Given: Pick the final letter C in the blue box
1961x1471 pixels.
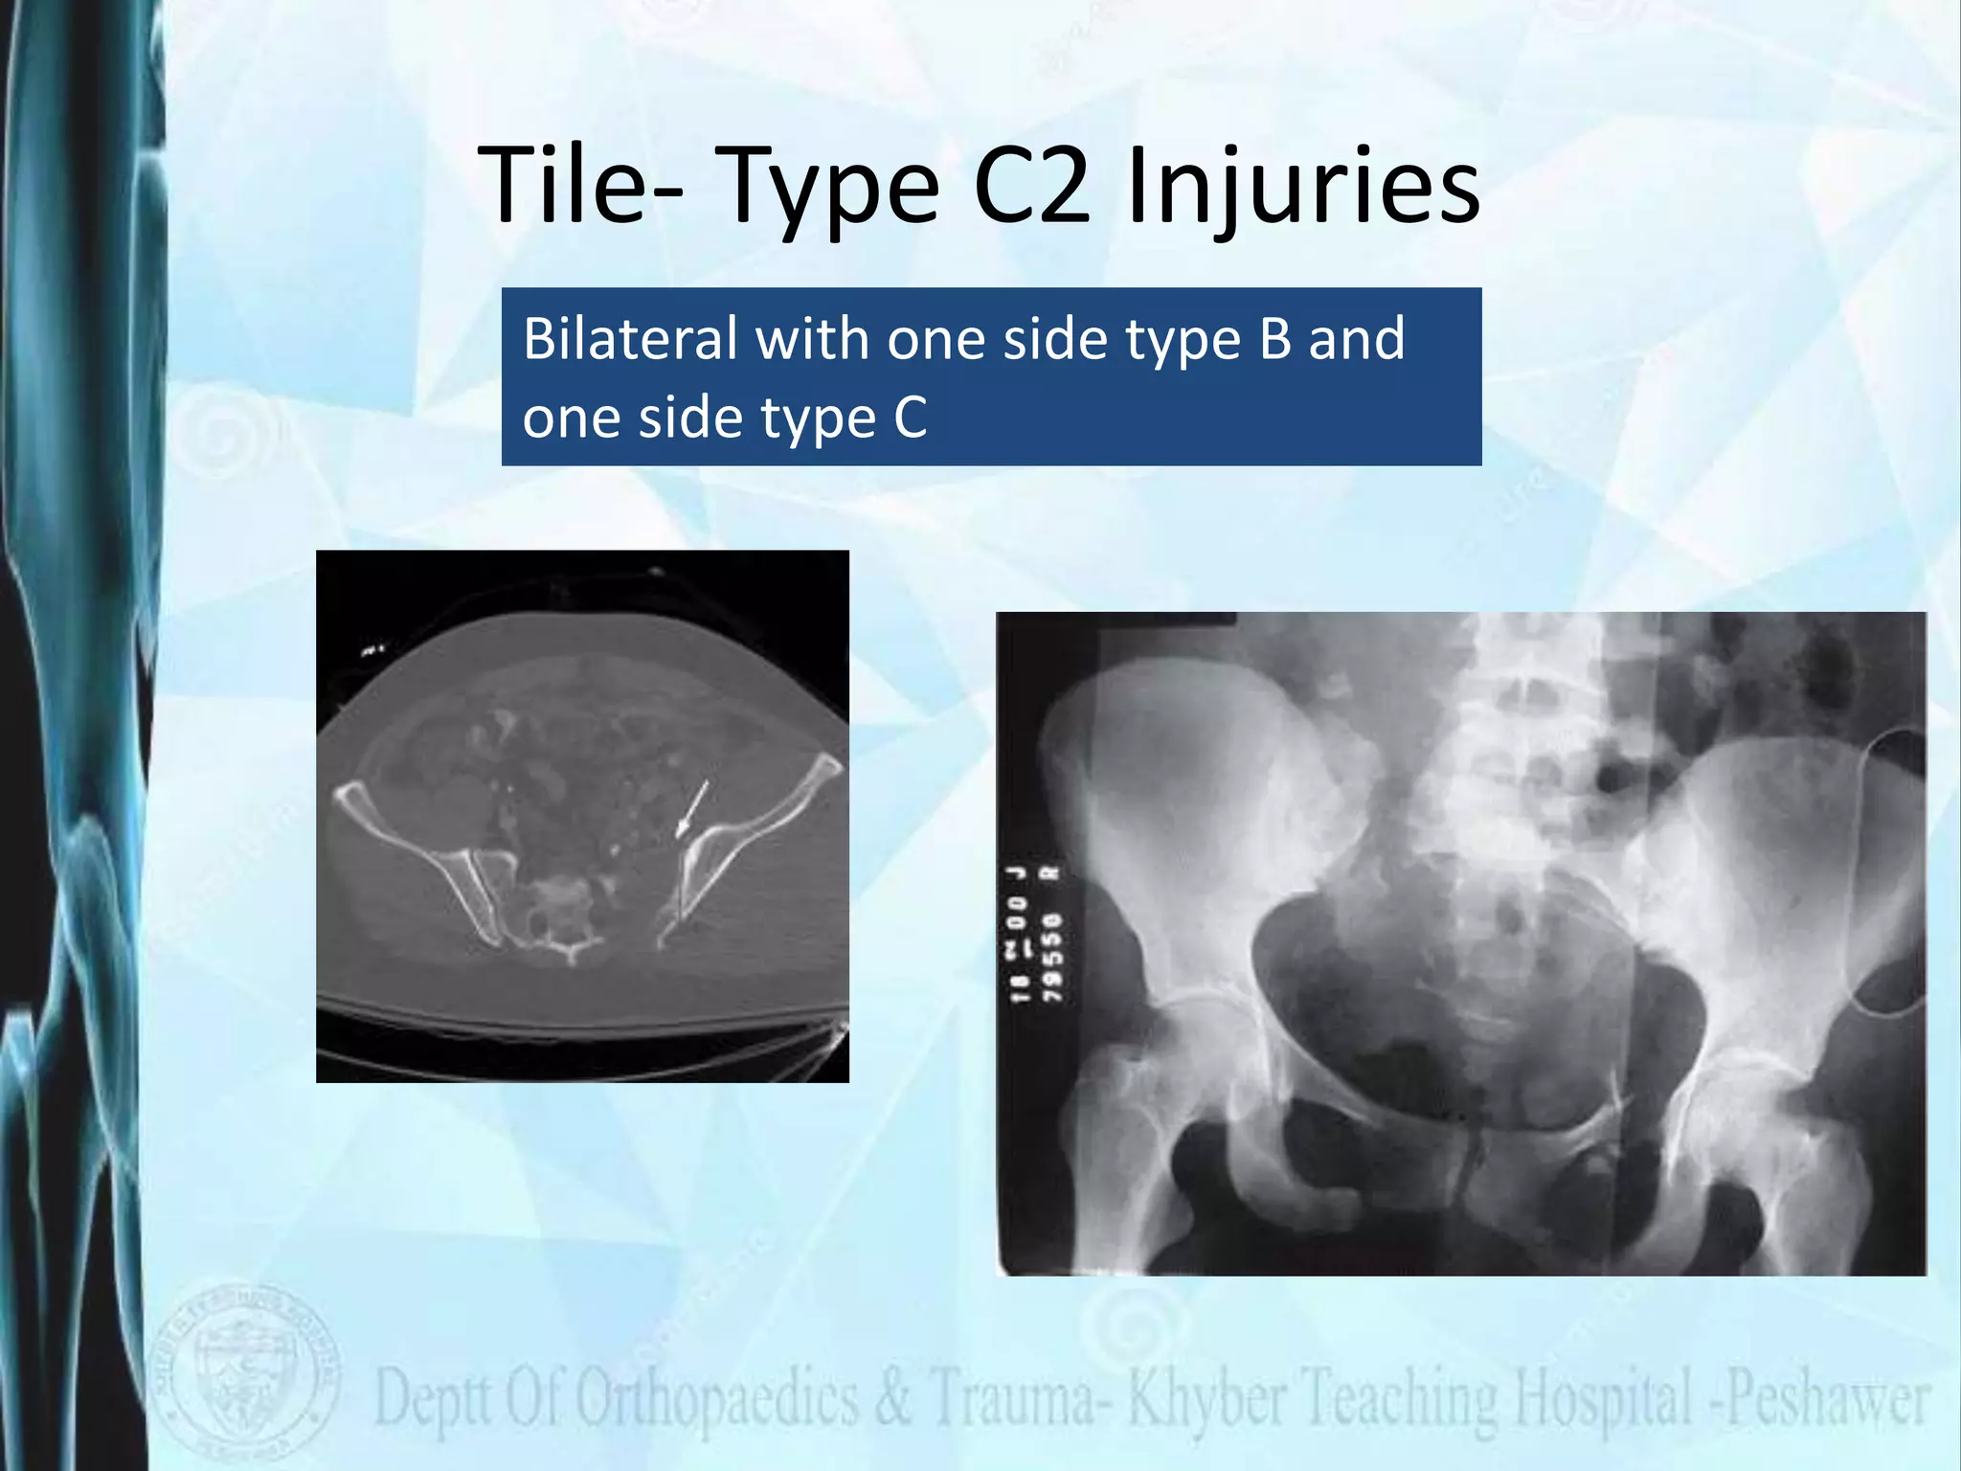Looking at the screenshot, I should (x=911, y=418).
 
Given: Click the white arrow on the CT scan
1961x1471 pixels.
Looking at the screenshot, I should (x=692, y=809).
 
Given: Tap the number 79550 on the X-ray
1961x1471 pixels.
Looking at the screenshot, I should (x=1052, y=958).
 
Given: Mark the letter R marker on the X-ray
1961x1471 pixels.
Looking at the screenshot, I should (x=1053, y=872).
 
